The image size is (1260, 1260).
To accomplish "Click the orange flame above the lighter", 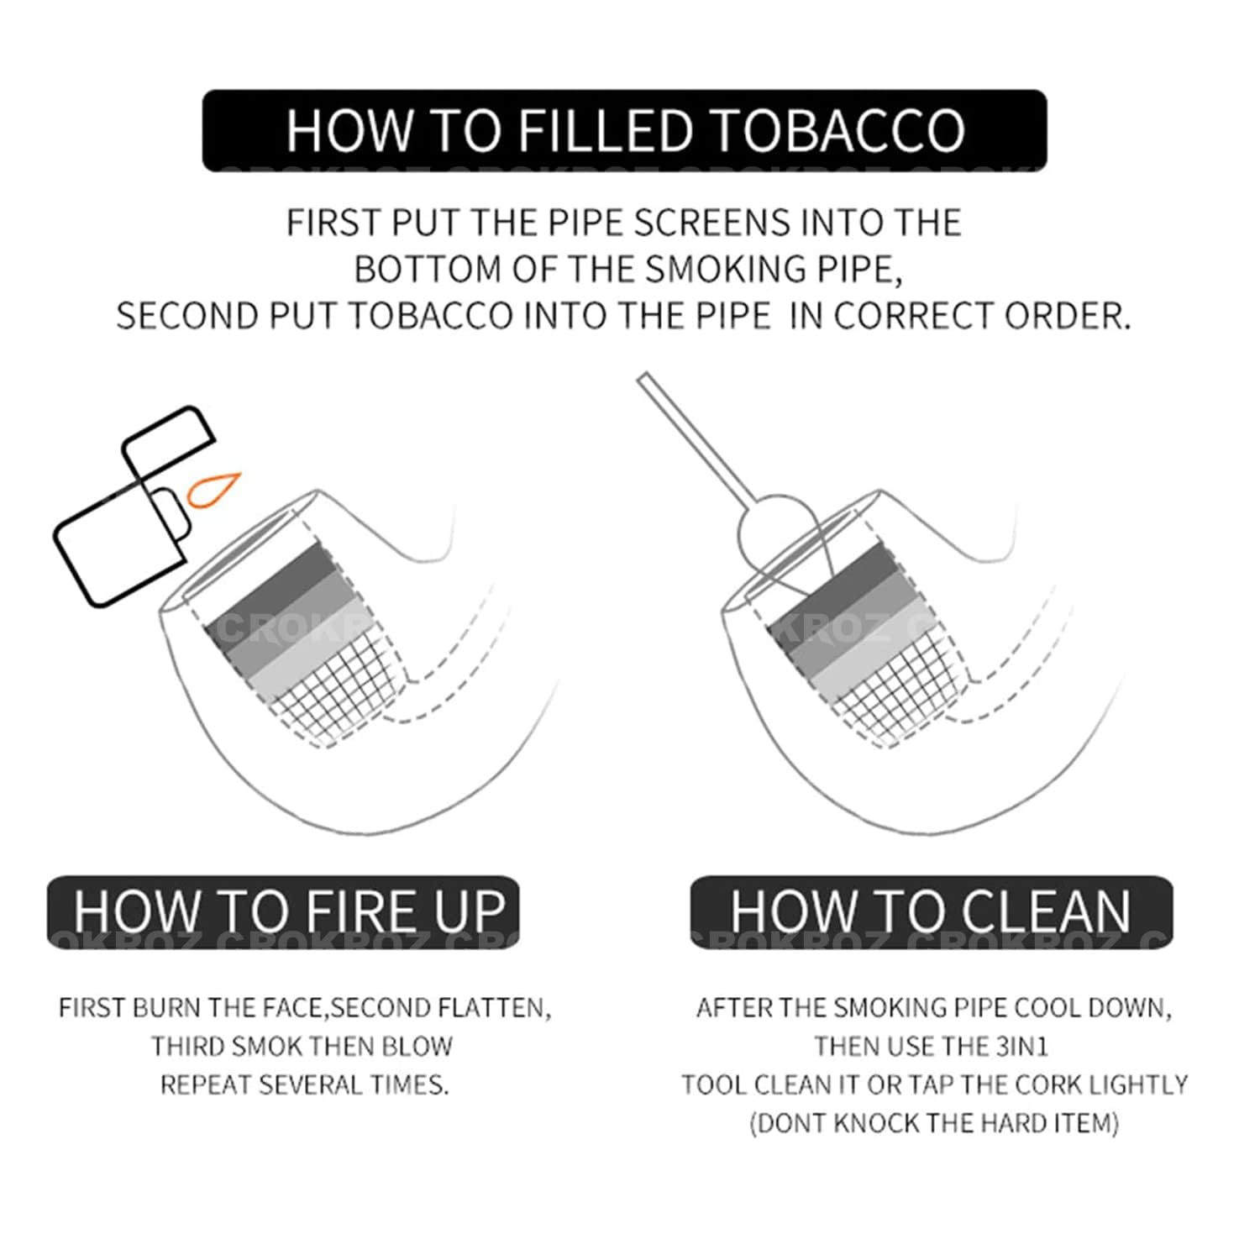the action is [213, 490].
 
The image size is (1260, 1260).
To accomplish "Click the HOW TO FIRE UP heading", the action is [290, 911].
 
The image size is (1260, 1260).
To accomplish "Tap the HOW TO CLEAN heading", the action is [931, 911].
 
